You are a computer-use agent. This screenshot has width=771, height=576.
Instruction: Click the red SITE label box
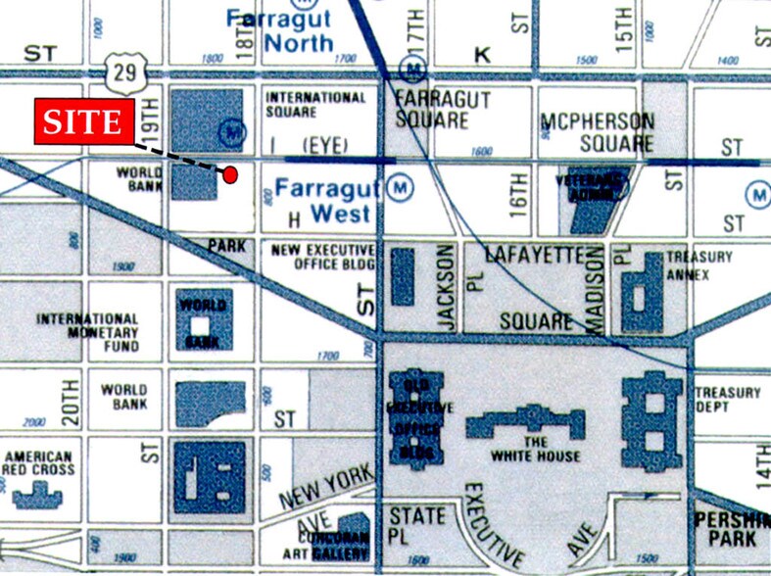pyautogui.click(x=83, y=122)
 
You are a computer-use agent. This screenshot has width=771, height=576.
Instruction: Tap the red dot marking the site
pyautogui.click(x=230, y=175)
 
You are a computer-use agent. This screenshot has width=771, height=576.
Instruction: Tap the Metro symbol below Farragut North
pyautogui.click(x=414, y=69)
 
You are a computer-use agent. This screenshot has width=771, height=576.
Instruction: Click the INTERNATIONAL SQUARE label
pyautogui.click(x=315, y=105)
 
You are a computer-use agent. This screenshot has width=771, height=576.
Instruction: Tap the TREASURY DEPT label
pyautogui.click(x=727, y=401)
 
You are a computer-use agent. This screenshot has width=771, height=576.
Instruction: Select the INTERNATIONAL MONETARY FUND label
pyautogui.click(x=88, y=332)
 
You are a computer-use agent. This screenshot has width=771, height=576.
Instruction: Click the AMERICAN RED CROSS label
pyautogui.click(x=39, y=464)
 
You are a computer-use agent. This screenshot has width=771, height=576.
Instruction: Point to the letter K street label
pyautogui.click(x=481, y=55)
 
